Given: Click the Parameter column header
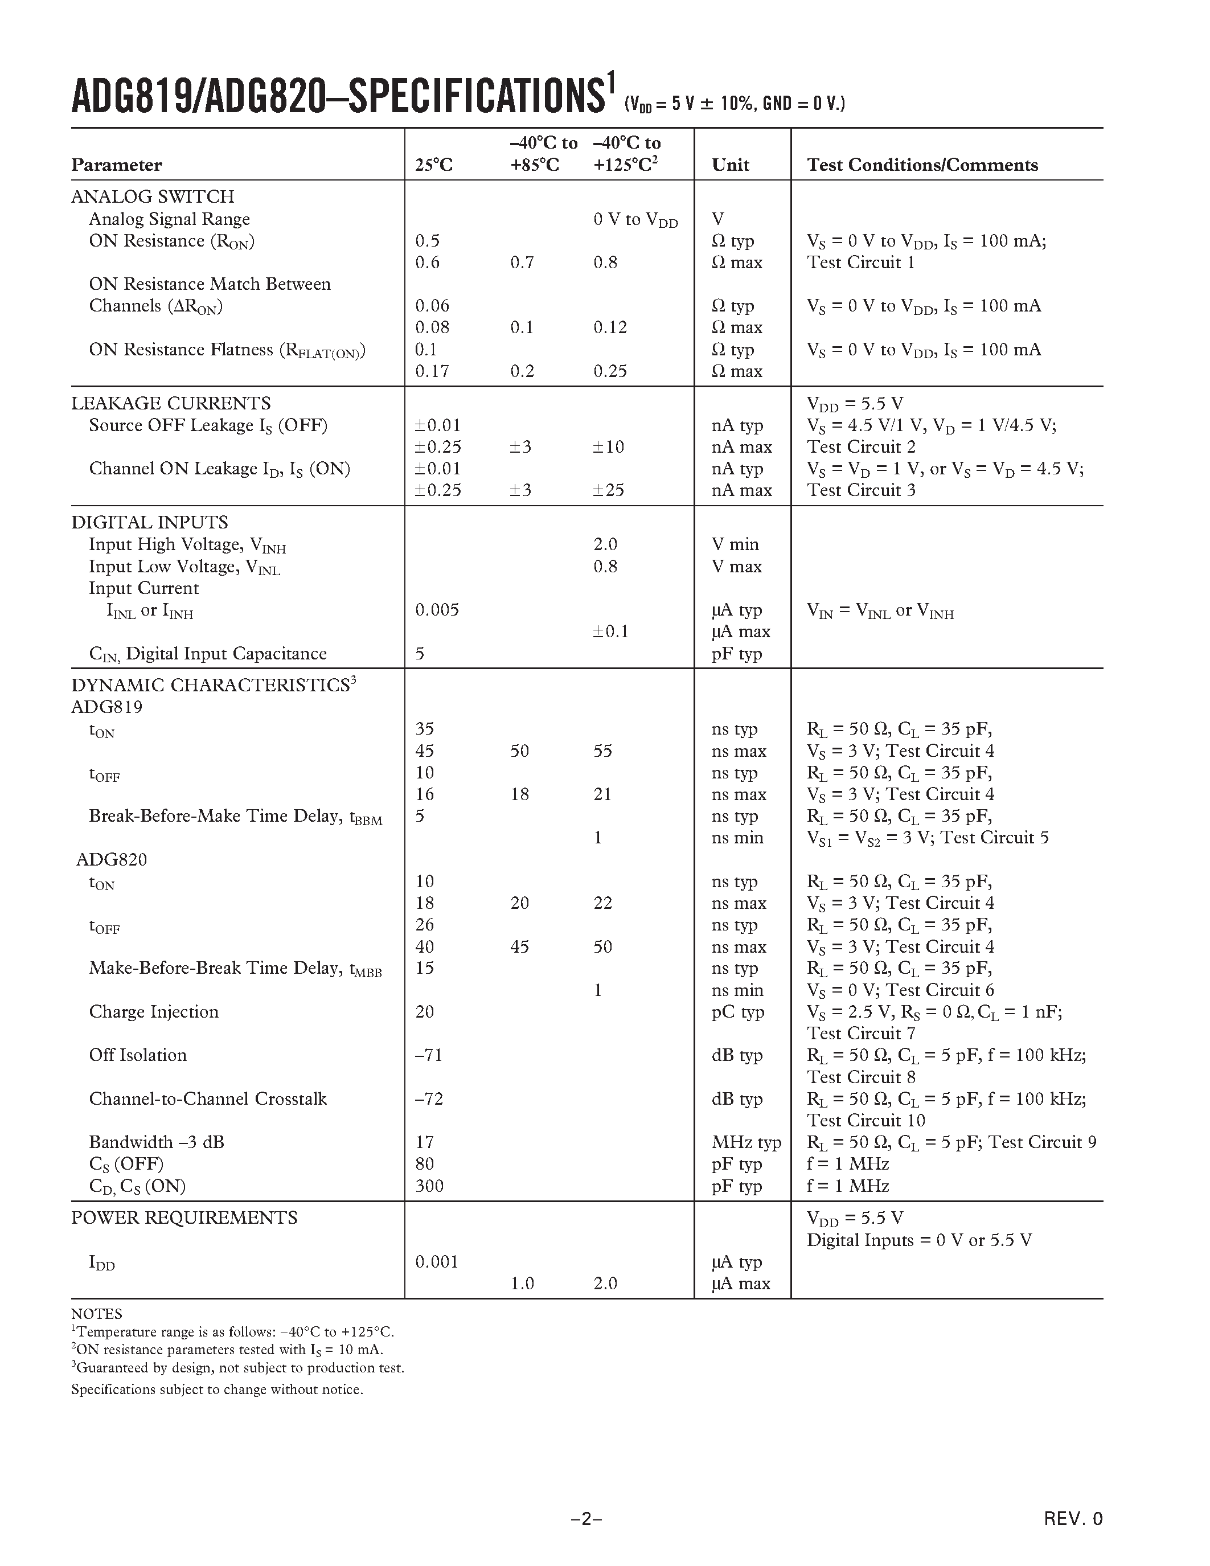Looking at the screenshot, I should (116, 165).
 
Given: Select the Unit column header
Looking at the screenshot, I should (730, 165).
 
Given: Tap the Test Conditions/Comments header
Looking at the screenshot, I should (922, 165).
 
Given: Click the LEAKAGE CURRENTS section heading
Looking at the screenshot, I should (171, 403).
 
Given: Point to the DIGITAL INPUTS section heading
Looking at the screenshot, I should (149, 522).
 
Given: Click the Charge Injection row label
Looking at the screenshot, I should (153, 1012).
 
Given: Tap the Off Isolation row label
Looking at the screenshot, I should (138, 1055).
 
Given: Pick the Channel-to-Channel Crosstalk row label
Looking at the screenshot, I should (208, 1098).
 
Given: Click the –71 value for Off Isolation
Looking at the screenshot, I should (429, 1055).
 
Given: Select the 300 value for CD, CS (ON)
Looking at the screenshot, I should (429, 1186).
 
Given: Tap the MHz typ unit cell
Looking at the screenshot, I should (745, 1142).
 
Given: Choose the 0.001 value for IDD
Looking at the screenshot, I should (437, 1261).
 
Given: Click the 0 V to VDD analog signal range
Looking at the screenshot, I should (635, 219).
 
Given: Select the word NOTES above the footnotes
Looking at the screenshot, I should (97, 1314).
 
